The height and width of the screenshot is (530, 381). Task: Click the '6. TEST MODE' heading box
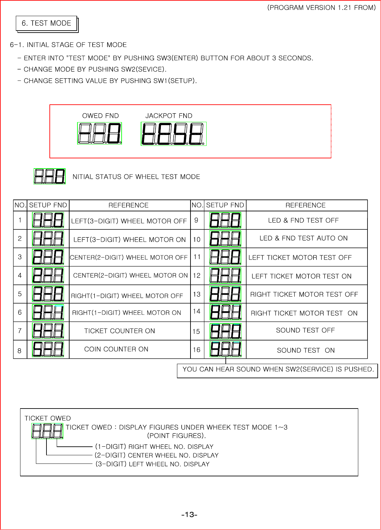46,23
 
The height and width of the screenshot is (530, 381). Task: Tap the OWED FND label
101,116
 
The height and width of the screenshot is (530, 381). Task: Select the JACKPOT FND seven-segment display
174,134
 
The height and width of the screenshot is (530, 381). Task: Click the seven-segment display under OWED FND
100,133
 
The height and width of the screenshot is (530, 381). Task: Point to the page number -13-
189,515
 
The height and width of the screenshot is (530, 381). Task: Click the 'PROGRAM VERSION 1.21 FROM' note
321,8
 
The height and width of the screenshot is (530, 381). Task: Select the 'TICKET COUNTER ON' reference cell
119,331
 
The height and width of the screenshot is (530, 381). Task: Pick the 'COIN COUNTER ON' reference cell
116,349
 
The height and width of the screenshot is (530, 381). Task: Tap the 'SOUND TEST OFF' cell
305,330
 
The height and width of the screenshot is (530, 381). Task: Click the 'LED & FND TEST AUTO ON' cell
304,238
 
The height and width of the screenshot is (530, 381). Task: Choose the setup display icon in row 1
48,220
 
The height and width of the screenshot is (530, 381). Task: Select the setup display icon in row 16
226,349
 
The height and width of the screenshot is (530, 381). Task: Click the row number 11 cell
197,257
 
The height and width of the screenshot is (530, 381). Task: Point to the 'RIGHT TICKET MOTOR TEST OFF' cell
304,294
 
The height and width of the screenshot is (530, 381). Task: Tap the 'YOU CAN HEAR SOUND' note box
278,369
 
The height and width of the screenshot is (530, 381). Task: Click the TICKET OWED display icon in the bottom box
47,431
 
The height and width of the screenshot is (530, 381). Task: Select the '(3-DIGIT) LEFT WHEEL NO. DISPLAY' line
152,464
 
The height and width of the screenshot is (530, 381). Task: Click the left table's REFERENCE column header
129,205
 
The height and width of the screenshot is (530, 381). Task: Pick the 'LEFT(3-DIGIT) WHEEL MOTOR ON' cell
130,240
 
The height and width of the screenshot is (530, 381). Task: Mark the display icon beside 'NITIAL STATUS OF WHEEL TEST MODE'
50,176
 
